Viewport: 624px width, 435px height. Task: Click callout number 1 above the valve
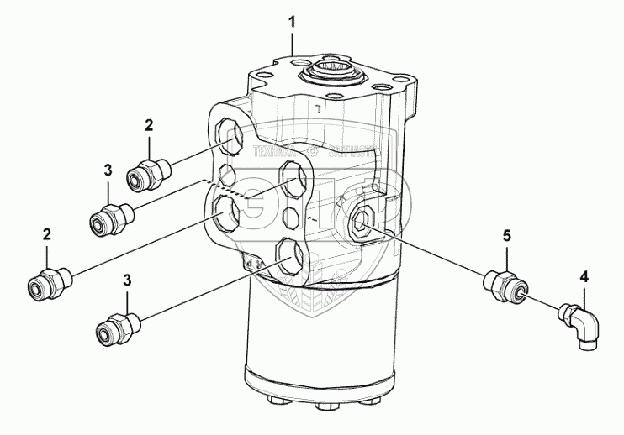click(293, 20)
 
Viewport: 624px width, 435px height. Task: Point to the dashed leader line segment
click(223, 187)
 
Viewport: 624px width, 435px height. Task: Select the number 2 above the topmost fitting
click(149, 126)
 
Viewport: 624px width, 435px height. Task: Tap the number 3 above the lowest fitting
click(128, 279)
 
